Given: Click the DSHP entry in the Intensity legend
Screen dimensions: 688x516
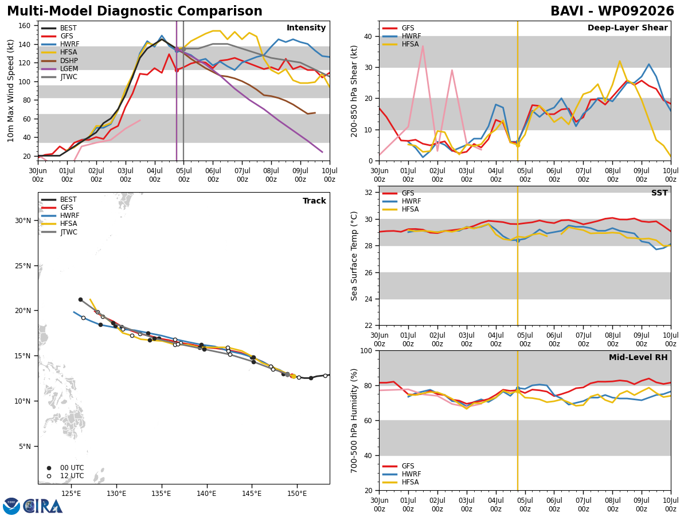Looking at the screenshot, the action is click(59, 60).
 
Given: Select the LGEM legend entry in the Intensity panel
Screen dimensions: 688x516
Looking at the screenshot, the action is click(59, 69).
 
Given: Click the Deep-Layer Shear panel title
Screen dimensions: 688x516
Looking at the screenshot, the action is click(627, 28).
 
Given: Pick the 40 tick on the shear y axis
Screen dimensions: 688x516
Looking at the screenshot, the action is click(368, 36).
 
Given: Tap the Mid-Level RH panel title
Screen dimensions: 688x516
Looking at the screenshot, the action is click(638, 357).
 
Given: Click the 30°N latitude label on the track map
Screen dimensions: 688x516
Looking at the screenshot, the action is click(23, 221).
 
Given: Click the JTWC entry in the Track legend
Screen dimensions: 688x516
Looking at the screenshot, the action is click(59, 232).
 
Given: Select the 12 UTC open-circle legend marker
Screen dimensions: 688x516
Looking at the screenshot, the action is click(49, 476).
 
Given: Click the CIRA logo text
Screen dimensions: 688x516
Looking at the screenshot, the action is click(43, 506).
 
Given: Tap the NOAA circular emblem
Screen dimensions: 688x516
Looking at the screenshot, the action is click(11, 506).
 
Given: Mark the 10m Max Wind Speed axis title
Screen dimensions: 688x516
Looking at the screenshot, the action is click(10, 91).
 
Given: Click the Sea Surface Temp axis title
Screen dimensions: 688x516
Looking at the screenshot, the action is click(354, 256).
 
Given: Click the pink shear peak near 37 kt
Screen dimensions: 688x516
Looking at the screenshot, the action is click(423, 46).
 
